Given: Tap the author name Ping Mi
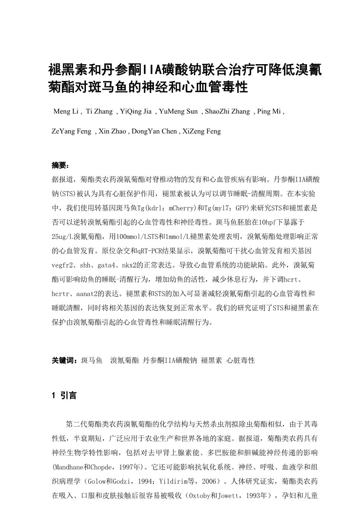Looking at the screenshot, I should point(269,112).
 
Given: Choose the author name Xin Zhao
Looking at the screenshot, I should point(112,131).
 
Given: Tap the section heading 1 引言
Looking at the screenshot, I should point(64,395).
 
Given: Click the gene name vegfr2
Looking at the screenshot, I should point(63,266).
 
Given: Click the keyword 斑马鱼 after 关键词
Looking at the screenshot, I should point(92,360).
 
